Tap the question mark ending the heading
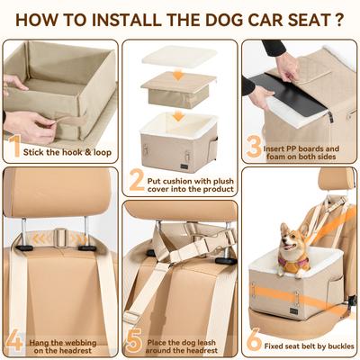coord(338,17)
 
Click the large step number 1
coord(14,146)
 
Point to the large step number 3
coord(254,146)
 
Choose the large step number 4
coord(14,340)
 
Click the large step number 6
coord(254,340)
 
